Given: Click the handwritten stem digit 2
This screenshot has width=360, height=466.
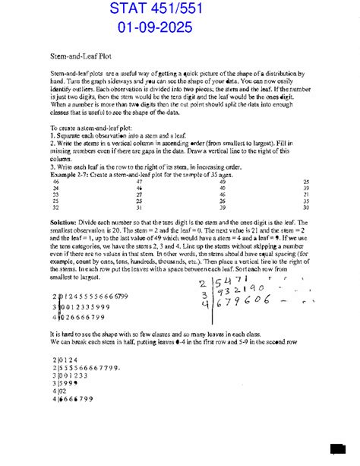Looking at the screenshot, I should [x=203, y=284].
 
